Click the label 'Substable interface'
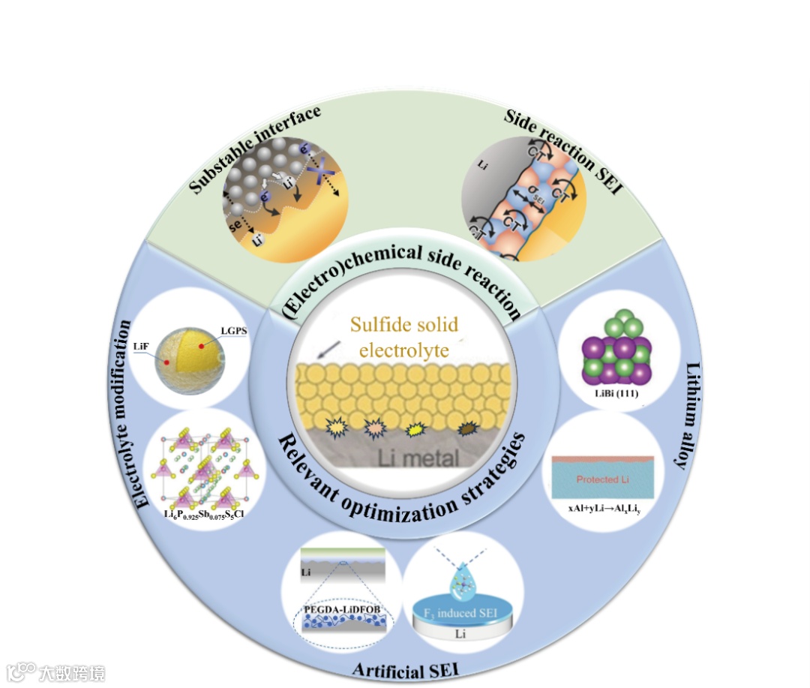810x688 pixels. tap(255, 150)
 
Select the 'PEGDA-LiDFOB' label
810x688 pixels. tap(342, 608)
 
